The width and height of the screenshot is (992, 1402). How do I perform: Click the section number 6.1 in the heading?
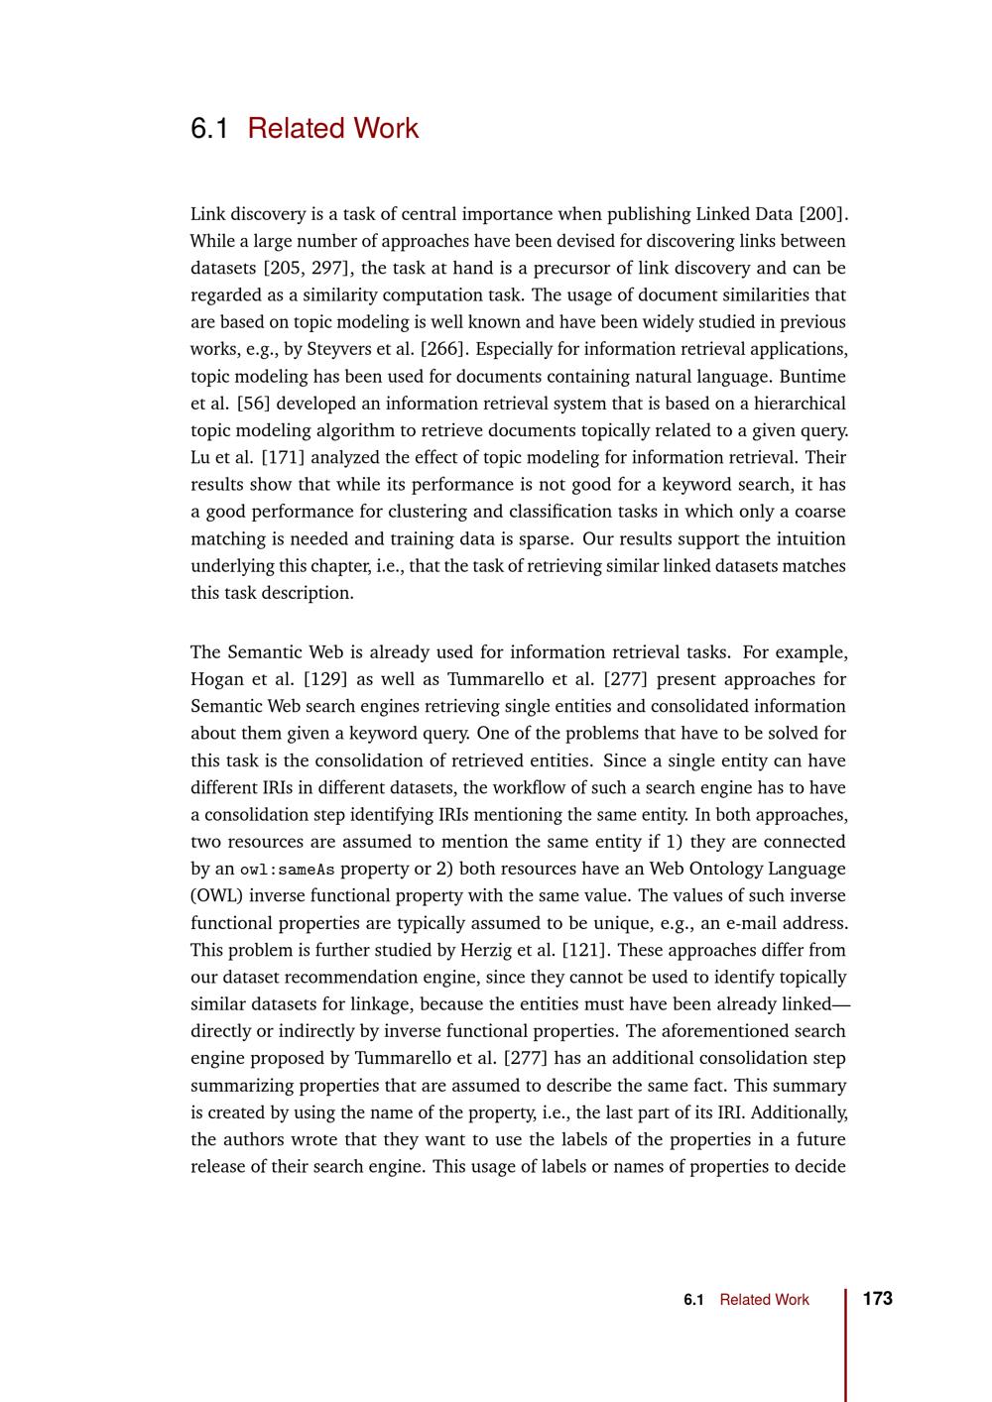tap(208, 129)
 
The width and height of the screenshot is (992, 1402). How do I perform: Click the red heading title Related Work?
tap(332, 129)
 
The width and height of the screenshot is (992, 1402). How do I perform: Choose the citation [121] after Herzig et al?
tap(584, 950)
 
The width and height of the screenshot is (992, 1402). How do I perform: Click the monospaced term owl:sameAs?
tap(288, 870)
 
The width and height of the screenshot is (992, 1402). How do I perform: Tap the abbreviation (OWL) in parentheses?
tap(215, 895)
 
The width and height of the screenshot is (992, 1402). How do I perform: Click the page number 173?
tap(878, 1299)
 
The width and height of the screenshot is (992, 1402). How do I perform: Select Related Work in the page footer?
tap(764, 1300)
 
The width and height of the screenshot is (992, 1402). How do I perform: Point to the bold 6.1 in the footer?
tap(693, 1300)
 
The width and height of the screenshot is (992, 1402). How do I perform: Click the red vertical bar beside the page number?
tap(846, 1344)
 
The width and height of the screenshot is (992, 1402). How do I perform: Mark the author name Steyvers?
tap(340, 349)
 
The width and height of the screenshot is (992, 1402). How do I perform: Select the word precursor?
tap(594, 268)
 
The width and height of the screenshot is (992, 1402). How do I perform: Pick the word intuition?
tap(809, 539)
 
